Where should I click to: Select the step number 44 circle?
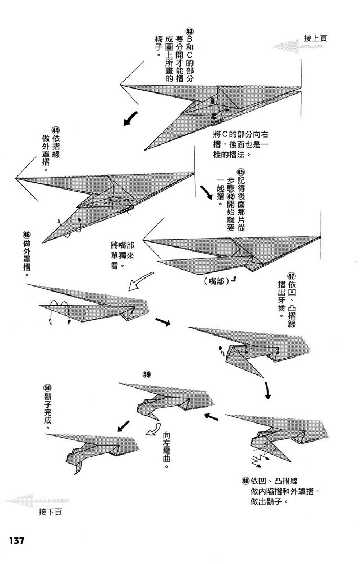[56, 129]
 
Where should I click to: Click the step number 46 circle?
[27, 235]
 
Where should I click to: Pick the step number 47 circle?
[291, 276]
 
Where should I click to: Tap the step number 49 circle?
[147, 374]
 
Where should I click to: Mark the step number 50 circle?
[47, 388]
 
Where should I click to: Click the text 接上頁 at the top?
[315, 38]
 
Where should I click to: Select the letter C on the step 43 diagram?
[214, 117]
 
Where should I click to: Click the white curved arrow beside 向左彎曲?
[152, 431]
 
